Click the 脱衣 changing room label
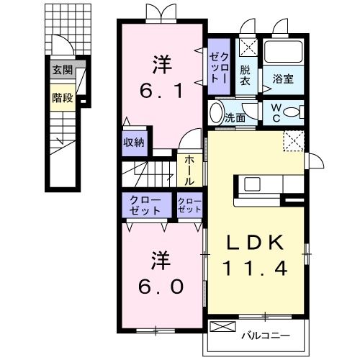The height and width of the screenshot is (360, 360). (x=246, y=74)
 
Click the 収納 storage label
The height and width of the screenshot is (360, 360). (x=133, y=142)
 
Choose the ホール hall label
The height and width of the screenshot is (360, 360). (x=189, y=171)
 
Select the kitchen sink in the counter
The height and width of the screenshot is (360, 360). (x=253, y=184)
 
